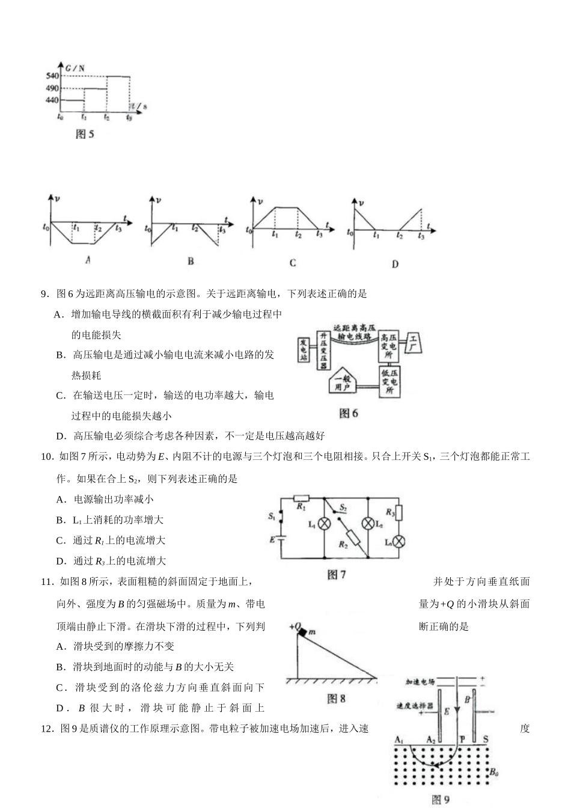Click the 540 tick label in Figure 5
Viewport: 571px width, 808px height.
[52, 76]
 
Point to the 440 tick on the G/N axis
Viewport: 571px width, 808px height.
[52, 100]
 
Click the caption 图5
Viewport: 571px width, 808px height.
[85, 134]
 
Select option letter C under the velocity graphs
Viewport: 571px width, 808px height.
[293, 263]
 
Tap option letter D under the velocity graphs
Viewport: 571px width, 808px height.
[395, 263]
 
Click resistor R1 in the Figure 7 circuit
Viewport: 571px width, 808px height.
[301, 498]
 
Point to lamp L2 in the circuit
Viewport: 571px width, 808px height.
[367, 524]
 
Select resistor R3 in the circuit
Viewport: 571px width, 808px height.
[398, 513]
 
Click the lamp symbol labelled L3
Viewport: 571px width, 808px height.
[398, 541]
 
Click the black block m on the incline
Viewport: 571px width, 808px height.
[305, 631]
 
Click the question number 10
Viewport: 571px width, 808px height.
[47, 457]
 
